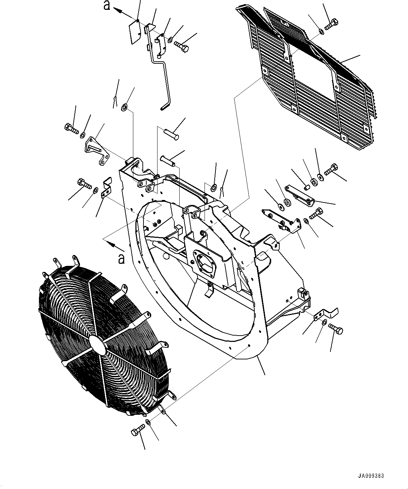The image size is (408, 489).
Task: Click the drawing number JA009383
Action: [x=372, y=476]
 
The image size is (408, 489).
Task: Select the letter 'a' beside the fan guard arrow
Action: [x=121, y=259]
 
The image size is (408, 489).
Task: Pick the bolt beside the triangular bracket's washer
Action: [x=72, y=129]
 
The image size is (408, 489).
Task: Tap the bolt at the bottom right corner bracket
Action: [x=336, y=329]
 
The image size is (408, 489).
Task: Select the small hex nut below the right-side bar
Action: [x=306, y=220]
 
